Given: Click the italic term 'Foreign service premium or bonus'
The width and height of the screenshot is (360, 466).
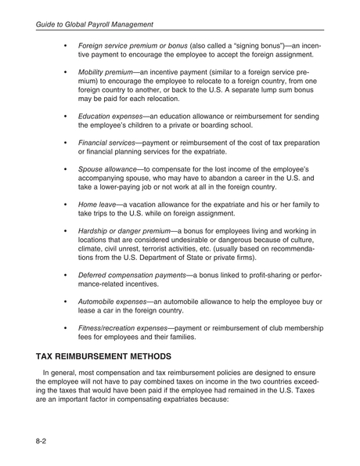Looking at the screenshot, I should (133, 45).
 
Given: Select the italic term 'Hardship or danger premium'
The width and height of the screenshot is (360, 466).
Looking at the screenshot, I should (124, 231).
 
